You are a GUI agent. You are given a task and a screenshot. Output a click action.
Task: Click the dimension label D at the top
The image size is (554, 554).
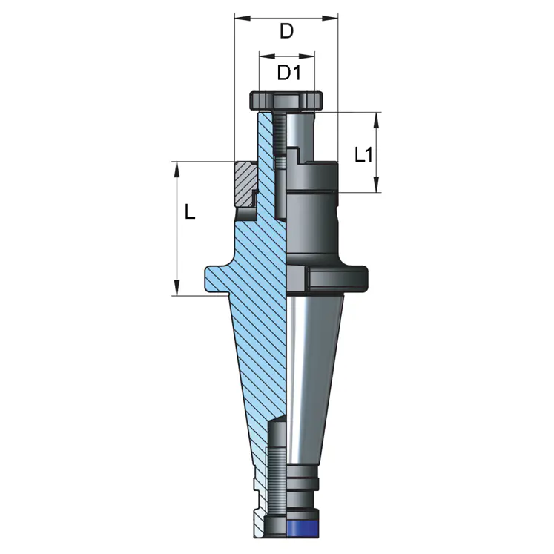(286, 31)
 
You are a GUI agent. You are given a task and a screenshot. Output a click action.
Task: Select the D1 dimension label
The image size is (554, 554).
(288, 73)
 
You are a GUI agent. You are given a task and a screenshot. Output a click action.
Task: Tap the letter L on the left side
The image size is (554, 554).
(190, 213)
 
